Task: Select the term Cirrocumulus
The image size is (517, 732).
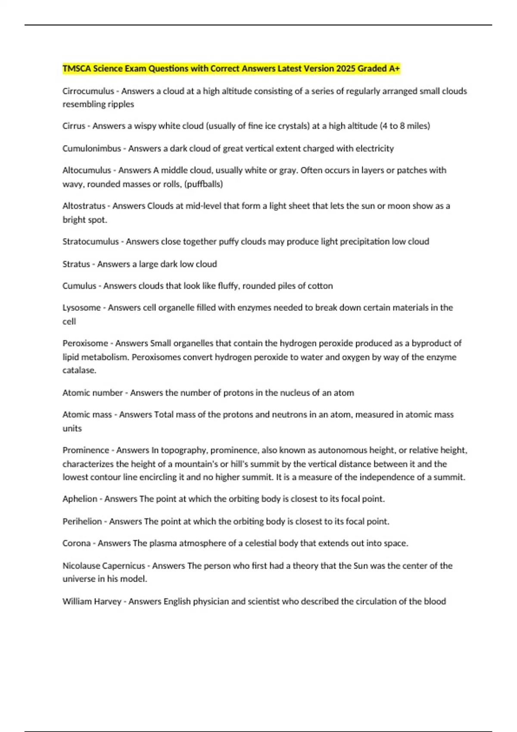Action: coord(88,91)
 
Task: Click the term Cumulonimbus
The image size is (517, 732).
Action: coord(92,149)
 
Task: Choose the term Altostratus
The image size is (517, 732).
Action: coord(84,206)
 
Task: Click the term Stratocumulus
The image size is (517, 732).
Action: coord(90,242)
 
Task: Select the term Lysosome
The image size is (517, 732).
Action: coord(81,308)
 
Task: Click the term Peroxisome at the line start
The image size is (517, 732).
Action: coord(85,344)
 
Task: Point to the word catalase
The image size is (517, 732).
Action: coord(79,370)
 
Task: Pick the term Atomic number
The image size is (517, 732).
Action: coord(93,393)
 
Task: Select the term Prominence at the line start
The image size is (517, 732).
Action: coord(86,450)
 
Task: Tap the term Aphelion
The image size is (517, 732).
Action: coord(80,499)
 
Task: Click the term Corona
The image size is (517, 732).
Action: coord(76,543)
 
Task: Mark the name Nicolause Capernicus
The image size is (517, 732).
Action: coord(104,566)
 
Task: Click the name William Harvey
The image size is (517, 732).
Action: coord(92,602)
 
